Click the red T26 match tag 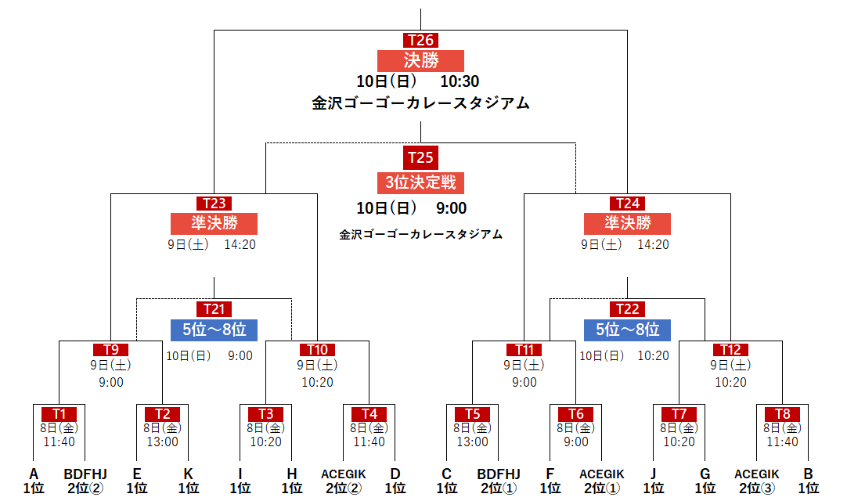pos(420,40)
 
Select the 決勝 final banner pos(420,60)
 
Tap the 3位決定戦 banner pos(420,182)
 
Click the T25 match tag pos(420,157)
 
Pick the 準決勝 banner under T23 pos(214,223)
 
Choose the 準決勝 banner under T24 pos(627,223)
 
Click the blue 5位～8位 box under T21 pos(214,330)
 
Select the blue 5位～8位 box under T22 pos(627,330)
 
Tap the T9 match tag pos(110,350)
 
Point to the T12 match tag pos(730,350)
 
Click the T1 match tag pos(59,413)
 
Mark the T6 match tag pos(575,413)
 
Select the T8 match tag pos(782,413)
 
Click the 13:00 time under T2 pos(162,442)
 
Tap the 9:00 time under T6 pos(575,442)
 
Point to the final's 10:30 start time pos(460,81)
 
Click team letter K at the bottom pos(188,474)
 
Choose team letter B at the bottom pos(808,474)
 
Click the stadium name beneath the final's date pos(420,103)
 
